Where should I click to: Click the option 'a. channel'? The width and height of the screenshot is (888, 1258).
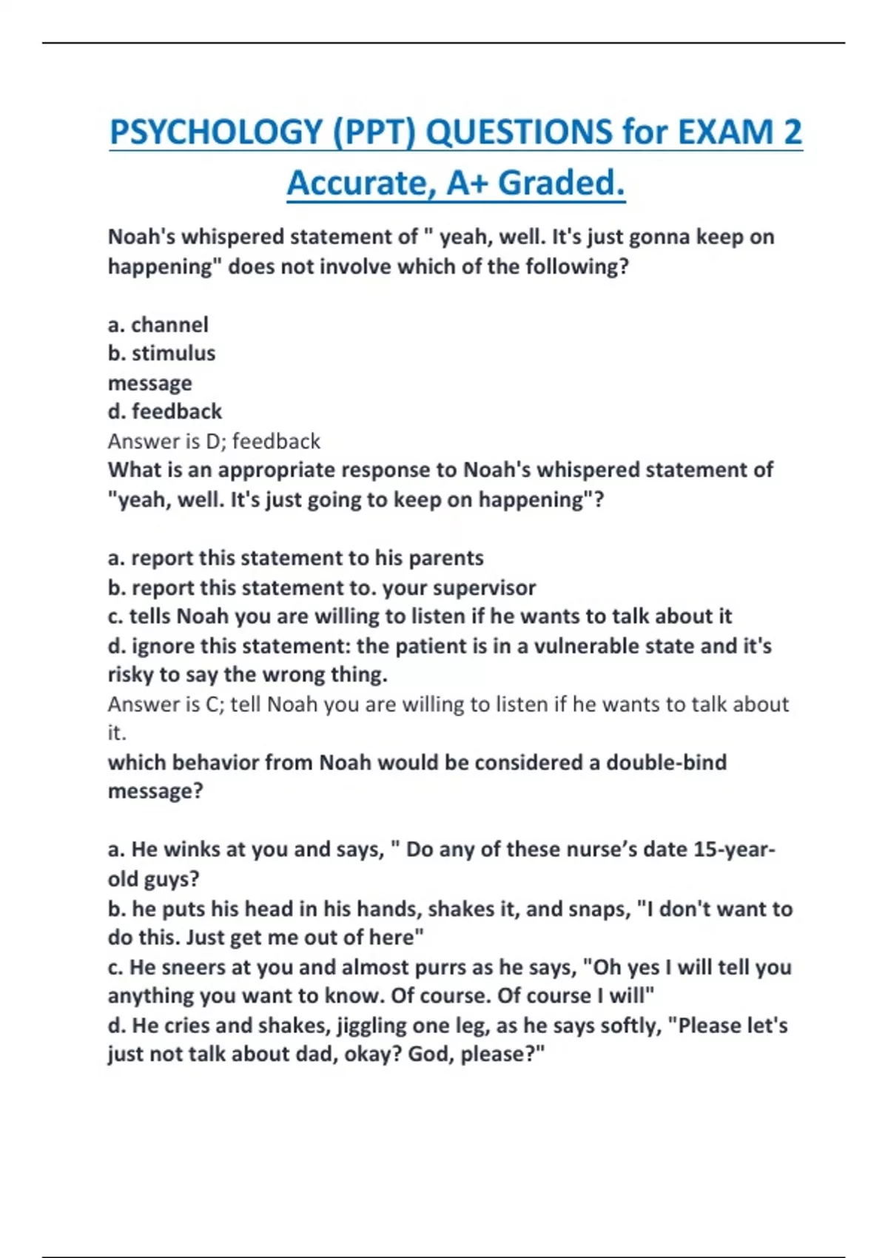(x=158, y=324)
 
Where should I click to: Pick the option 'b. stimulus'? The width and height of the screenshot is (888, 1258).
(x=161, y=353)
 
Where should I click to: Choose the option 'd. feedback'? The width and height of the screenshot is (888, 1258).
(x=164, y=411)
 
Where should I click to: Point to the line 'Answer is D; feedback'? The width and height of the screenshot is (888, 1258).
(x=214, y=441)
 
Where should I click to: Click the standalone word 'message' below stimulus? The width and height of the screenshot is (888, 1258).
(x=149, y=383)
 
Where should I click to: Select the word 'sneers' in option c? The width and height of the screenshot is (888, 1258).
(x=205, y=966)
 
